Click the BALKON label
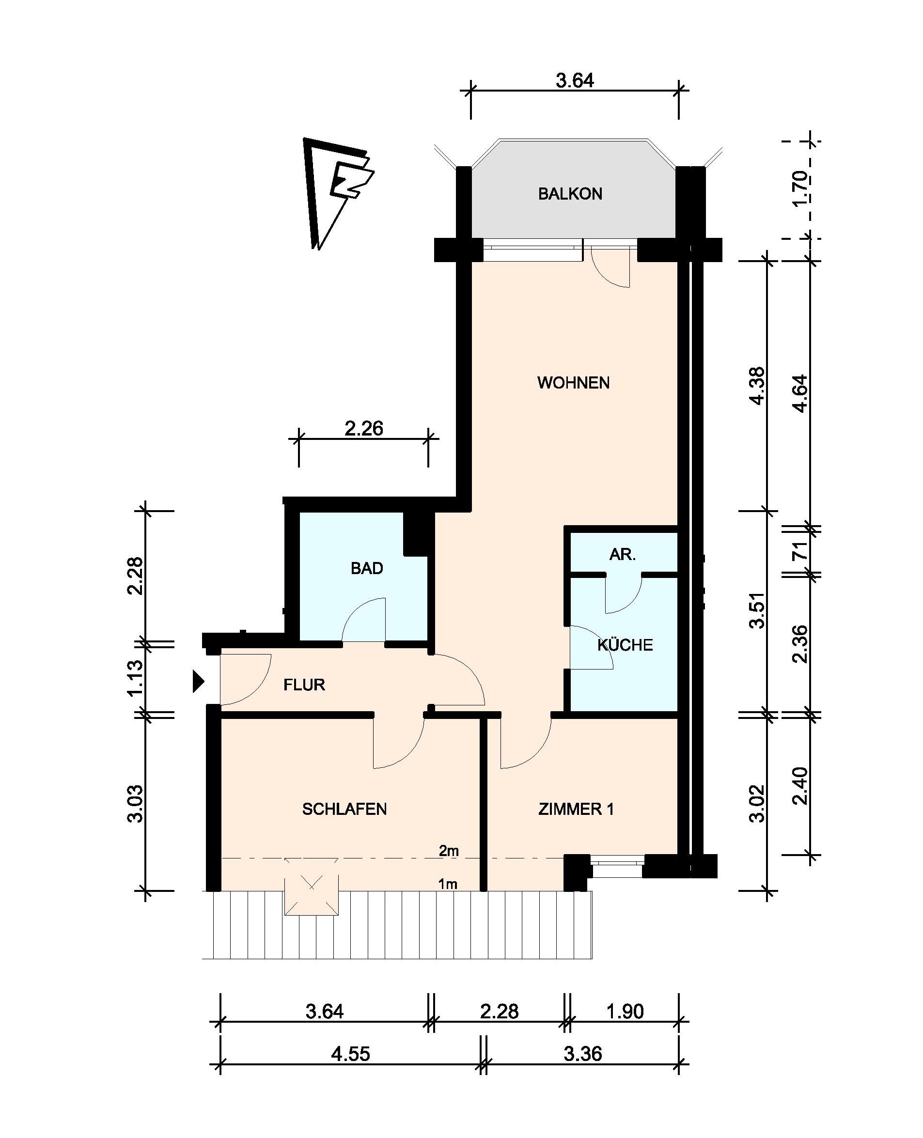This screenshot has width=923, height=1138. pos(570,194)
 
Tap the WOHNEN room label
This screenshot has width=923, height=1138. pos(573,383)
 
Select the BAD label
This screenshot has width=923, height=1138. pos(367,568)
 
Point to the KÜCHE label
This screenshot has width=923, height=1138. pos(625,645)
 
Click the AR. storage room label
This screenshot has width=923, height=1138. pos(622,554)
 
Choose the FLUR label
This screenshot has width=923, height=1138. pos(304,685)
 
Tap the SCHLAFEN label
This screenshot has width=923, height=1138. pos(344,809)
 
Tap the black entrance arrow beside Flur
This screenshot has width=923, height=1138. pos(198,682)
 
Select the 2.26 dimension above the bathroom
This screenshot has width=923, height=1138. pos(364,428)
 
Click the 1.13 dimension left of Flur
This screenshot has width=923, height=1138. pos(135,677)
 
